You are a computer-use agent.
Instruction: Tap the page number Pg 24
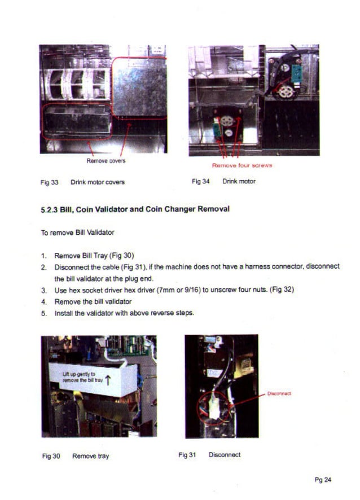(323, 480)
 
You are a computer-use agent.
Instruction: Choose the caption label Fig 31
(186, 454)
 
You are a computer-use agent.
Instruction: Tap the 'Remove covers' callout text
(106, 161)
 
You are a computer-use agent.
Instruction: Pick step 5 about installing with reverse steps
(124, 313)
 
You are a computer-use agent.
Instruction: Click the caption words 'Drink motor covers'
(98, 182)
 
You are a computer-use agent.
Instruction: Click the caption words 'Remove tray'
(90, 456)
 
